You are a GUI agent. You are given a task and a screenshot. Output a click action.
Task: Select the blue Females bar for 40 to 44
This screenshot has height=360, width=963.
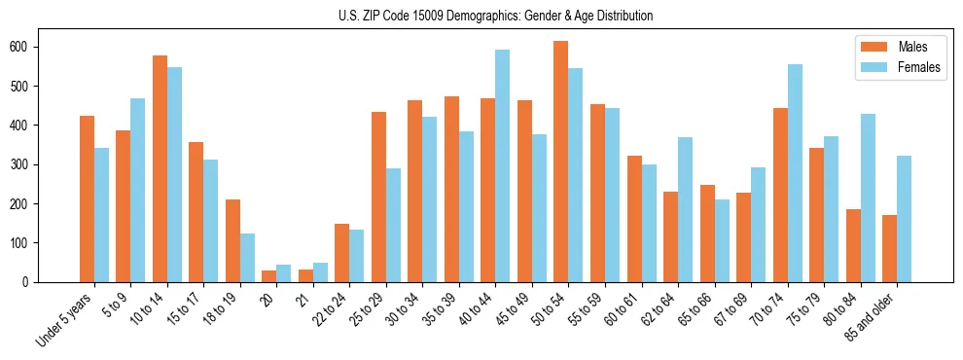pyautogui.click(x=503, y=166)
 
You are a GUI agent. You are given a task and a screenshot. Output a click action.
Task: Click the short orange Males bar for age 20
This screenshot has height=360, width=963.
pyautogui.click(x=269, y=276)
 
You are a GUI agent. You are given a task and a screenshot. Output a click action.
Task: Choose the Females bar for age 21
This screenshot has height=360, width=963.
pyautogui.click(x=320, y=272)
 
